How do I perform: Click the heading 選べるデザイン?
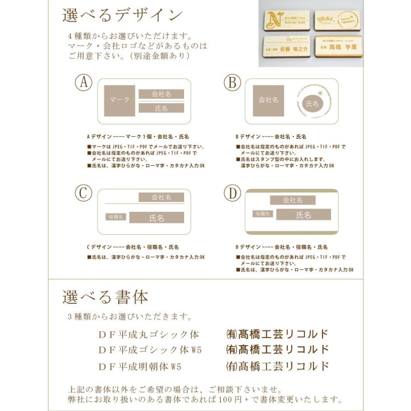point(122,15)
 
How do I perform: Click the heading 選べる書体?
point(105,297)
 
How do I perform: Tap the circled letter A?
point(84,83)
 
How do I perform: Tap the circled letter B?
point(232,83)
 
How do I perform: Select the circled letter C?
point(84,193)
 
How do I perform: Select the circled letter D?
point(232,193)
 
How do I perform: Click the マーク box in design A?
point(119,100)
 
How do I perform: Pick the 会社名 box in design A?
point(161,94)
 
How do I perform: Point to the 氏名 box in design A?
point(161,108)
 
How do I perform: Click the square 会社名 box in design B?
point(269,100)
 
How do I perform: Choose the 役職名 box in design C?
point(116,217)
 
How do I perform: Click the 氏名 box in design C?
point(156,218)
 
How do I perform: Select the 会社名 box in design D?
point(293,200)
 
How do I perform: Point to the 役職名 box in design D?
point(263,214)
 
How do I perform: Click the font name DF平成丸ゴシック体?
point(149,335)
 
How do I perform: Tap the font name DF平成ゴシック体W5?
point(150,350)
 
